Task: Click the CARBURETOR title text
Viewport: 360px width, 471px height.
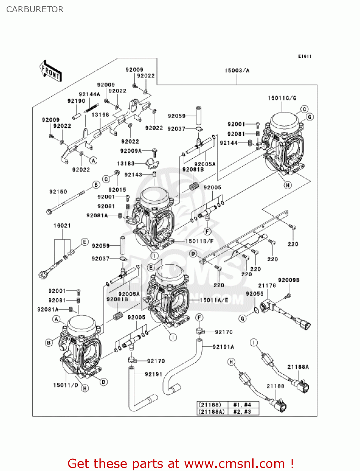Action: (x=35, y=9)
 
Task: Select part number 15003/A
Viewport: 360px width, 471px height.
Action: (x=237, y=71)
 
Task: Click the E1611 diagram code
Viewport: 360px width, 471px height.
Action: (x=304, y=56)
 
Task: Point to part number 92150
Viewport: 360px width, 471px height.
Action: (x=58, y=192)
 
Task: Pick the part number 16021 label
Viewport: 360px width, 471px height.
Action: (x=62, y=225)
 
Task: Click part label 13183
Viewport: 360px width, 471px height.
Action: (x=126, y=164)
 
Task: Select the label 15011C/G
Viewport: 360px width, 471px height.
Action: (x=282, y=98)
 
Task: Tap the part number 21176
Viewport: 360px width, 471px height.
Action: (x=267, y=285)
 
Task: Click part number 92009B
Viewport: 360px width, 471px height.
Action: (x=288, y=280)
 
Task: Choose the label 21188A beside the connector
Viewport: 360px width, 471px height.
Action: (x=298, y=367)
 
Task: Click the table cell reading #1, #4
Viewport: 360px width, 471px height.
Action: (x=242, y=405)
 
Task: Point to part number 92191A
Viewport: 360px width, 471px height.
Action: (x=223, y=347)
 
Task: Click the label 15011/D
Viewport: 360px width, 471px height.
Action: (x=66, y=385)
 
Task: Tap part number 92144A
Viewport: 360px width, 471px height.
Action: (x=89, y=94)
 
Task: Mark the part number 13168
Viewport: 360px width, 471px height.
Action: (x=100, y=115)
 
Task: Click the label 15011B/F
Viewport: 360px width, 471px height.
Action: (x=199, y=241)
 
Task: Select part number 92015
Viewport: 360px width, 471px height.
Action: (x=117, y=190)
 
